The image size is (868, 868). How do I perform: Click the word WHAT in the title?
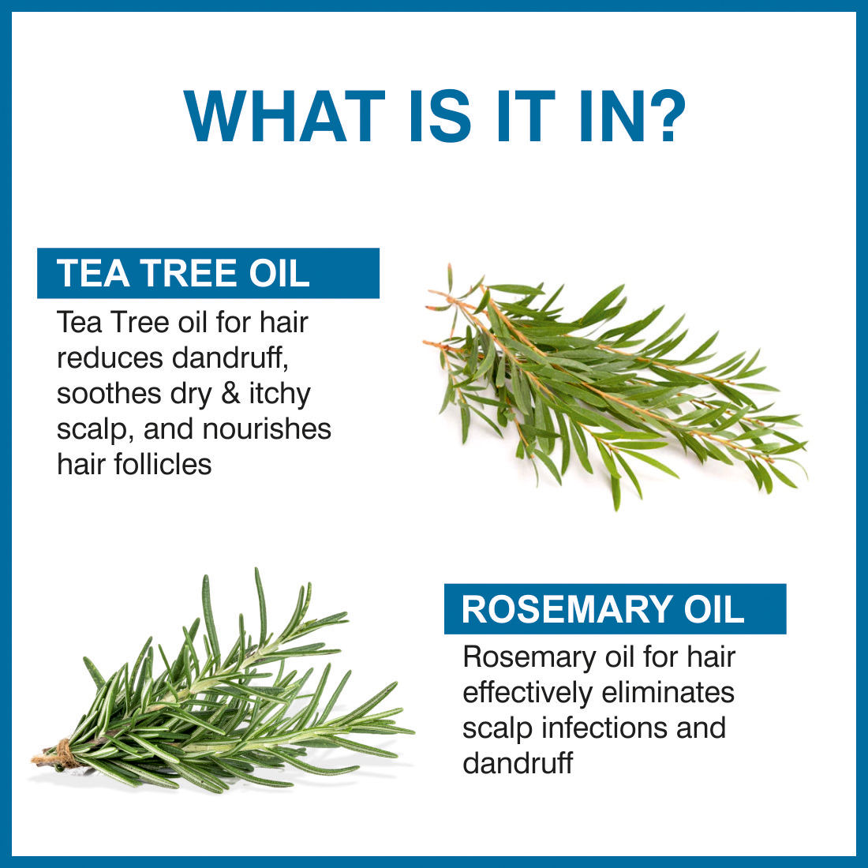pyautogui.click(x=284, y=116)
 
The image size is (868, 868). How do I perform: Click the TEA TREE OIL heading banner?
pyautogui.click(x=208, y=273)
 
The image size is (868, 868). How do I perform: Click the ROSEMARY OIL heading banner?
pyautogui.click(x=615, y=608)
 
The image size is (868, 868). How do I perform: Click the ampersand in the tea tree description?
pyautogui.click(x=230, y=394)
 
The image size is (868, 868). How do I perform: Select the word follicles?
pyautogui.click(x=163, y=464)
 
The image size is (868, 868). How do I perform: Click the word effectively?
pyautogui.click(x=527, y=694)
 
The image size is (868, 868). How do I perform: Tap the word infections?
pyautogui.click(x=604, y=728)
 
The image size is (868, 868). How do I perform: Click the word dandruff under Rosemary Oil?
pyautogui.click(x=518, y=763)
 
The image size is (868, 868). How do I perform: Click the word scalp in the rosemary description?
pyautogui.click(x=497, y=729)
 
